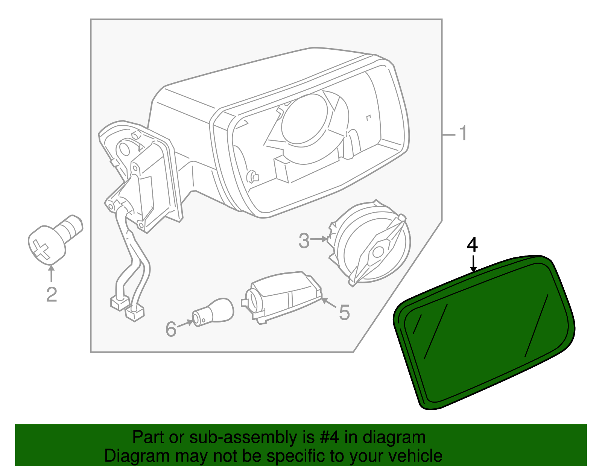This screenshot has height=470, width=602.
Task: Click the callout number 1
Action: (463, 134)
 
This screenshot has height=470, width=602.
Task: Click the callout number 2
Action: (52, 295)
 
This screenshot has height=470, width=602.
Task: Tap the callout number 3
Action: (304, 241)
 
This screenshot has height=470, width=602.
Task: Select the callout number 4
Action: (472, 245)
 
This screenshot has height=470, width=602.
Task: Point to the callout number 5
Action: (344, 312)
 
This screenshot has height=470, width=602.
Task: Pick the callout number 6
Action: (171, 329)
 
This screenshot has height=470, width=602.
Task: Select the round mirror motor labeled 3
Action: (371, 245)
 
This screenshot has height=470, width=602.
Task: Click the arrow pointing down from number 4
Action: (473, 263)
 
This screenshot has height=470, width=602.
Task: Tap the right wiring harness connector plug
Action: (135, 313)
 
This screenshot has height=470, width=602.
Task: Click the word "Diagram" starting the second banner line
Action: (131, 456)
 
